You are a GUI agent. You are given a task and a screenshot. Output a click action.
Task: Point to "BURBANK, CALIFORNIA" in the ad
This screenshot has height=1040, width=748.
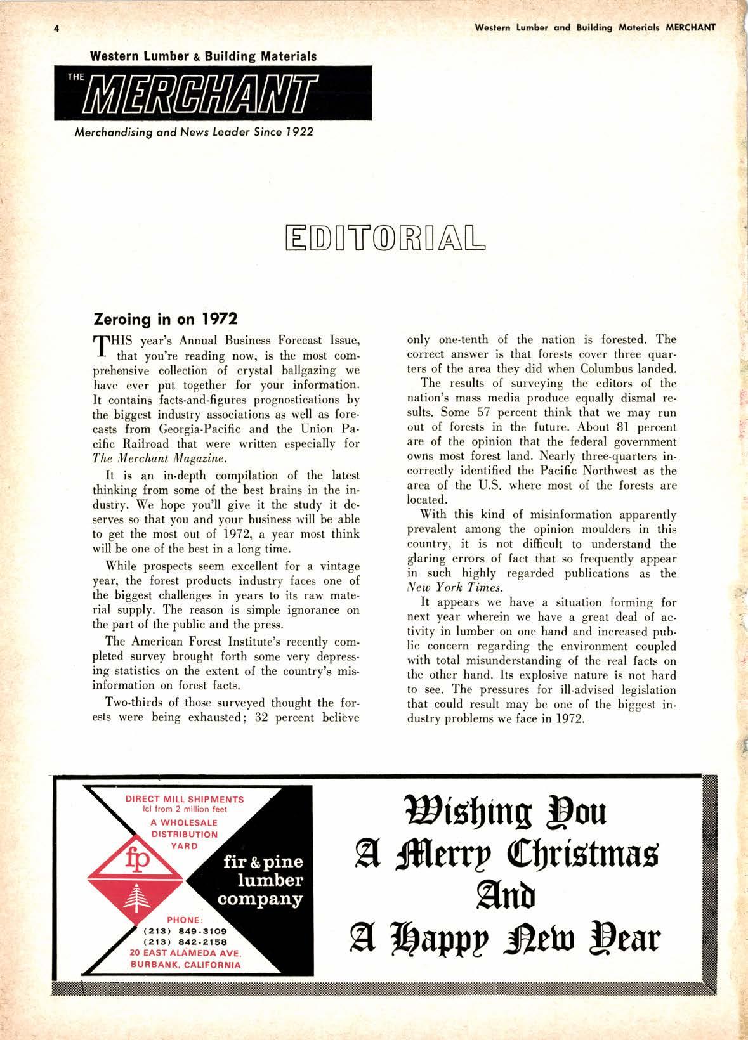tap(185, 965)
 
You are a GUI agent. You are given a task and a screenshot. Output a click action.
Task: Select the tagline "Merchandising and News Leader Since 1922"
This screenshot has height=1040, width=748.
tap(194, 133)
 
